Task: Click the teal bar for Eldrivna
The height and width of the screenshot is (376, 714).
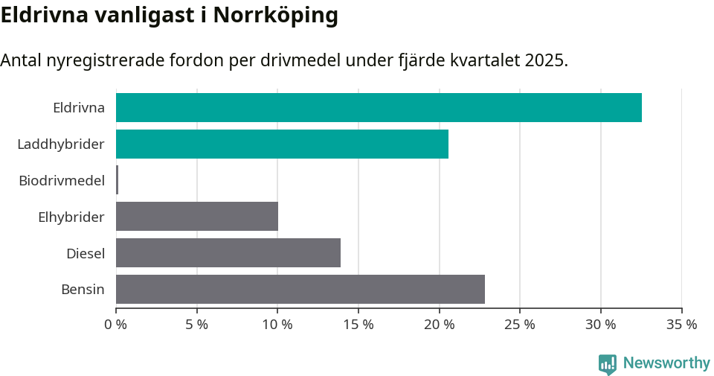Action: coord(379,107)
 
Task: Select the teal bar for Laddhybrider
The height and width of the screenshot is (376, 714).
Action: coord(282,144)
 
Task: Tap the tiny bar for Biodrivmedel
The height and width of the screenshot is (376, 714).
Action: coord(118,180)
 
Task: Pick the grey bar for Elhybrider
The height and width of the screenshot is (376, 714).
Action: coord(197,217)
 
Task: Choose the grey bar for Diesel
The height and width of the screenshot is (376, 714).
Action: coord(228,253)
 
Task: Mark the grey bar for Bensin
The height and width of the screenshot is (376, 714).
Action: coord(300,290)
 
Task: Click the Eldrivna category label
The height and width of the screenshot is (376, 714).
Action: coord(79,107)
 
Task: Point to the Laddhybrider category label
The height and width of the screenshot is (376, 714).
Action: coord(61,144)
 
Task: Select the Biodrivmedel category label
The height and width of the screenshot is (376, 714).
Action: coord(62,180)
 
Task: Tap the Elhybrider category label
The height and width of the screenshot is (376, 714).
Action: coord(71,217)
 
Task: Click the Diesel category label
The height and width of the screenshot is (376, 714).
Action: coord(86,253)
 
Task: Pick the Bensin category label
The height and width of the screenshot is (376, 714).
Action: coord(83,290)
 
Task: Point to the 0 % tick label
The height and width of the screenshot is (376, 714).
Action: coord(116,325)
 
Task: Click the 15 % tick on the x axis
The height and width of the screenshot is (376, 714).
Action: coord(358,325)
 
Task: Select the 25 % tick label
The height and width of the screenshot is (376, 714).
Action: coord(520,325)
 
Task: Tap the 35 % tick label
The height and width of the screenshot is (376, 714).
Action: coord(681,325)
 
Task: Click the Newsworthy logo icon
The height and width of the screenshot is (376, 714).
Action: coord(608,364)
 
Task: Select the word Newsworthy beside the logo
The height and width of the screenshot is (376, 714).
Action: coord(666,363)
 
